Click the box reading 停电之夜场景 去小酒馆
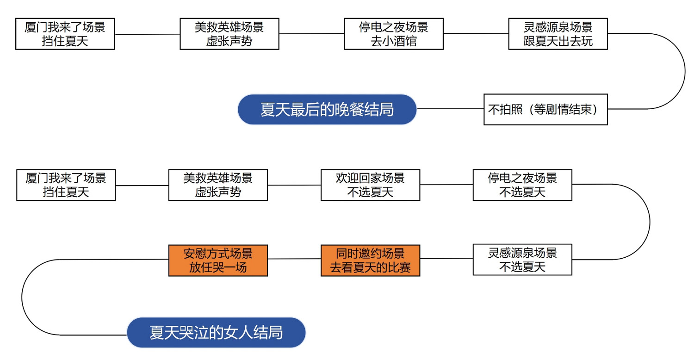[x=394, y=34]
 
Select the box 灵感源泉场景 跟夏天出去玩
[x=558, y=34]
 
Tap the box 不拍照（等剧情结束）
[x=545, y=110]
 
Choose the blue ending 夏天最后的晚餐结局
[x=327, y=110]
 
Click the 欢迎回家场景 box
[x=370, y=185]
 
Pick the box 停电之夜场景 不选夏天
[x=522, y=185]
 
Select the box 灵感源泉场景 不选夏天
[x=522, y=260]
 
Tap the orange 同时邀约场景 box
[x=370, y=260]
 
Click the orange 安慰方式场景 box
[x=218, y=260]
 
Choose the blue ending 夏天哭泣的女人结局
[x=216, y=333]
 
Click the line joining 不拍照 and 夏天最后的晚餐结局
[x=450, y=109]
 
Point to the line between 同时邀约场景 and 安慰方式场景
[x=294, y=259]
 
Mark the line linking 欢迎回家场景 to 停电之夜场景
[x=446, y=185]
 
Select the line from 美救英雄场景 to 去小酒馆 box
[x=311, y=33]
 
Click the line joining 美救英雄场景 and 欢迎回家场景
[x=294, y=185]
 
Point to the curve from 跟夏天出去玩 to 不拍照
[x=685, y=72]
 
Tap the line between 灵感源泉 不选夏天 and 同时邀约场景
[x=446, y=259]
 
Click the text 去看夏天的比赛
[x=370, y=267]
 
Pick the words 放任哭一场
[x=218, y=267]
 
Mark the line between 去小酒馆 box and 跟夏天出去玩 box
[x=476, y=33]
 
